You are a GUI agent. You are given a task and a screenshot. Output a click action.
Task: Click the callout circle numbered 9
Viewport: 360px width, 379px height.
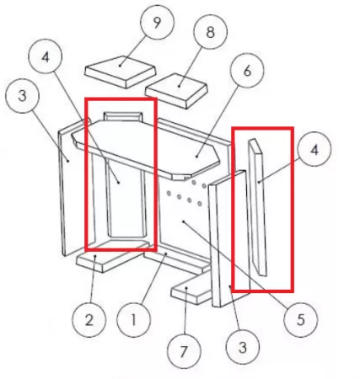pos(157,22)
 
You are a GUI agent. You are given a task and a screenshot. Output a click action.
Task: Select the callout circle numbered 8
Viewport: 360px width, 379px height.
pos(211,32)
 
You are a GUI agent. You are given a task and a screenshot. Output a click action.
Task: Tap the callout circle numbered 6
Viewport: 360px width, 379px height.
pos(247,71)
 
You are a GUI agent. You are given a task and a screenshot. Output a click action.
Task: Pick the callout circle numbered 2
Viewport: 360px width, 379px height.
pos(89,320)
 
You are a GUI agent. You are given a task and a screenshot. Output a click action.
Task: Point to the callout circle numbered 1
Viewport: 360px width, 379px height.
pos(133,320)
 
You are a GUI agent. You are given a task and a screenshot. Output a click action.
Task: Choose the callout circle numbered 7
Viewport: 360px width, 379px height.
pos(184,351)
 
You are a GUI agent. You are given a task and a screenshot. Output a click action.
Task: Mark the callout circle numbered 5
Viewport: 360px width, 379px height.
pos(301,319)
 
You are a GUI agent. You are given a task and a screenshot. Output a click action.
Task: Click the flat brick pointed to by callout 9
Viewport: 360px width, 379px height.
pos(121,72)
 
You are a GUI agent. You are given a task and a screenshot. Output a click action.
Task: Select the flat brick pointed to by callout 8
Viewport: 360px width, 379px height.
pos(176,91)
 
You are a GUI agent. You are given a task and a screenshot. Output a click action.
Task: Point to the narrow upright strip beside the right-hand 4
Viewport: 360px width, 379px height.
pos(257,207)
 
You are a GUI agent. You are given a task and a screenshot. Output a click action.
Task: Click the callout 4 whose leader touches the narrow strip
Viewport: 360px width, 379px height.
pos(314,150)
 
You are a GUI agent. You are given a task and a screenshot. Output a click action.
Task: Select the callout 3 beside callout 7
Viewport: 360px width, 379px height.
pos(243,348)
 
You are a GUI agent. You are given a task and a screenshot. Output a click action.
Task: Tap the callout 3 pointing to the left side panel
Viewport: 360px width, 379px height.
pos(22,96)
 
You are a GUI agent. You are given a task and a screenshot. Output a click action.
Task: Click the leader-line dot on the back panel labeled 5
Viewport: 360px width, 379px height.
pos(183,222)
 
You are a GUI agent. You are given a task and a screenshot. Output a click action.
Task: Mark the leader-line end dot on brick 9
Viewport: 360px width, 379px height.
pos(120,66)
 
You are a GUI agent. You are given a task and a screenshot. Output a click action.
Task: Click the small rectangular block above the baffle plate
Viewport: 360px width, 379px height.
pos(123,116)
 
